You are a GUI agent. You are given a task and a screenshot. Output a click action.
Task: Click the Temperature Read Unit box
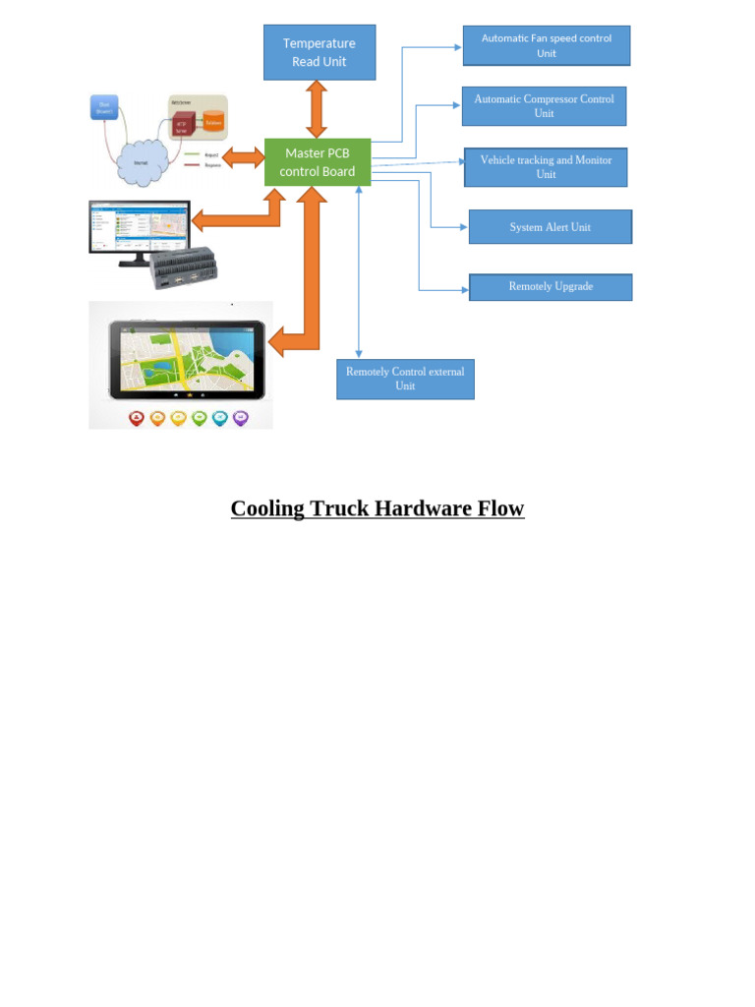click(x=319, y=52)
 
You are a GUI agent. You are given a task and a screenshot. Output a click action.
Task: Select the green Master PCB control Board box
click(x=318, y=162)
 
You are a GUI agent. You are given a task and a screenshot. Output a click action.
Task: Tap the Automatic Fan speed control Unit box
click(x=546, y=45)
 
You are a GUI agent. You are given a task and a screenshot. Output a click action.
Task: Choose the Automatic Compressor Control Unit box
click(x=544, y=106)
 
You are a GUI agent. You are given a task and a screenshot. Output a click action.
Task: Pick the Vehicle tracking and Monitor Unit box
click(x=546, y=167)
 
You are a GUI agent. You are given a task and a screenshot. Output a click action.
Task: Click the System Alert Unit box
click(x=550, y=227)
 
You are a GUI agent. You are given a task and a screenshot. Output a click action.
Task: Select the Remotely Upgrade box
click(x=551, y=287)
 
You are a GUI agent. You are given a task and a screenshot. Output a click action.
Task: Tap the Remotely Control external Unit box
click(x=405, y=379)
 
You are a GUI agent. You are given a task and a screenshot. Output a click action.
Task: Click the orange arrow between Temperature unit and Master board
click(x=317, y=109)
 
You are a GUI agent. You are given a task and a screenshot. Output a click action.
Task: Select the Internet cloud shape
click(x=141, y=163)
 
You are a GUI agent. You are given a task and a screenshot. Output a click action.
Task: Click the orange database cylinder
click(x=212, y=122)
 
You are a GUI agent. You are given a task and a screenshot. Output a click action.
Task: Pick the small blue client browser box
click(x=104, y=106)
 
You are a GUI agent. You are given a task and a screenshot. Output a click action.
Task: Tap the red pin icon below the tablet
click(x=137, y=418)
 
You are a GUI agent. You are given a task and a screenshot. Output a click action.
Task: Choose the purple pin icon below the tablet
click(x=240, y=418)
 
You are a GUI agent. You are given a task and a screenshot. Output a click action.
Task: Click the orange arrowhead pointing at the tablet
click(x=276, y=343)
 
